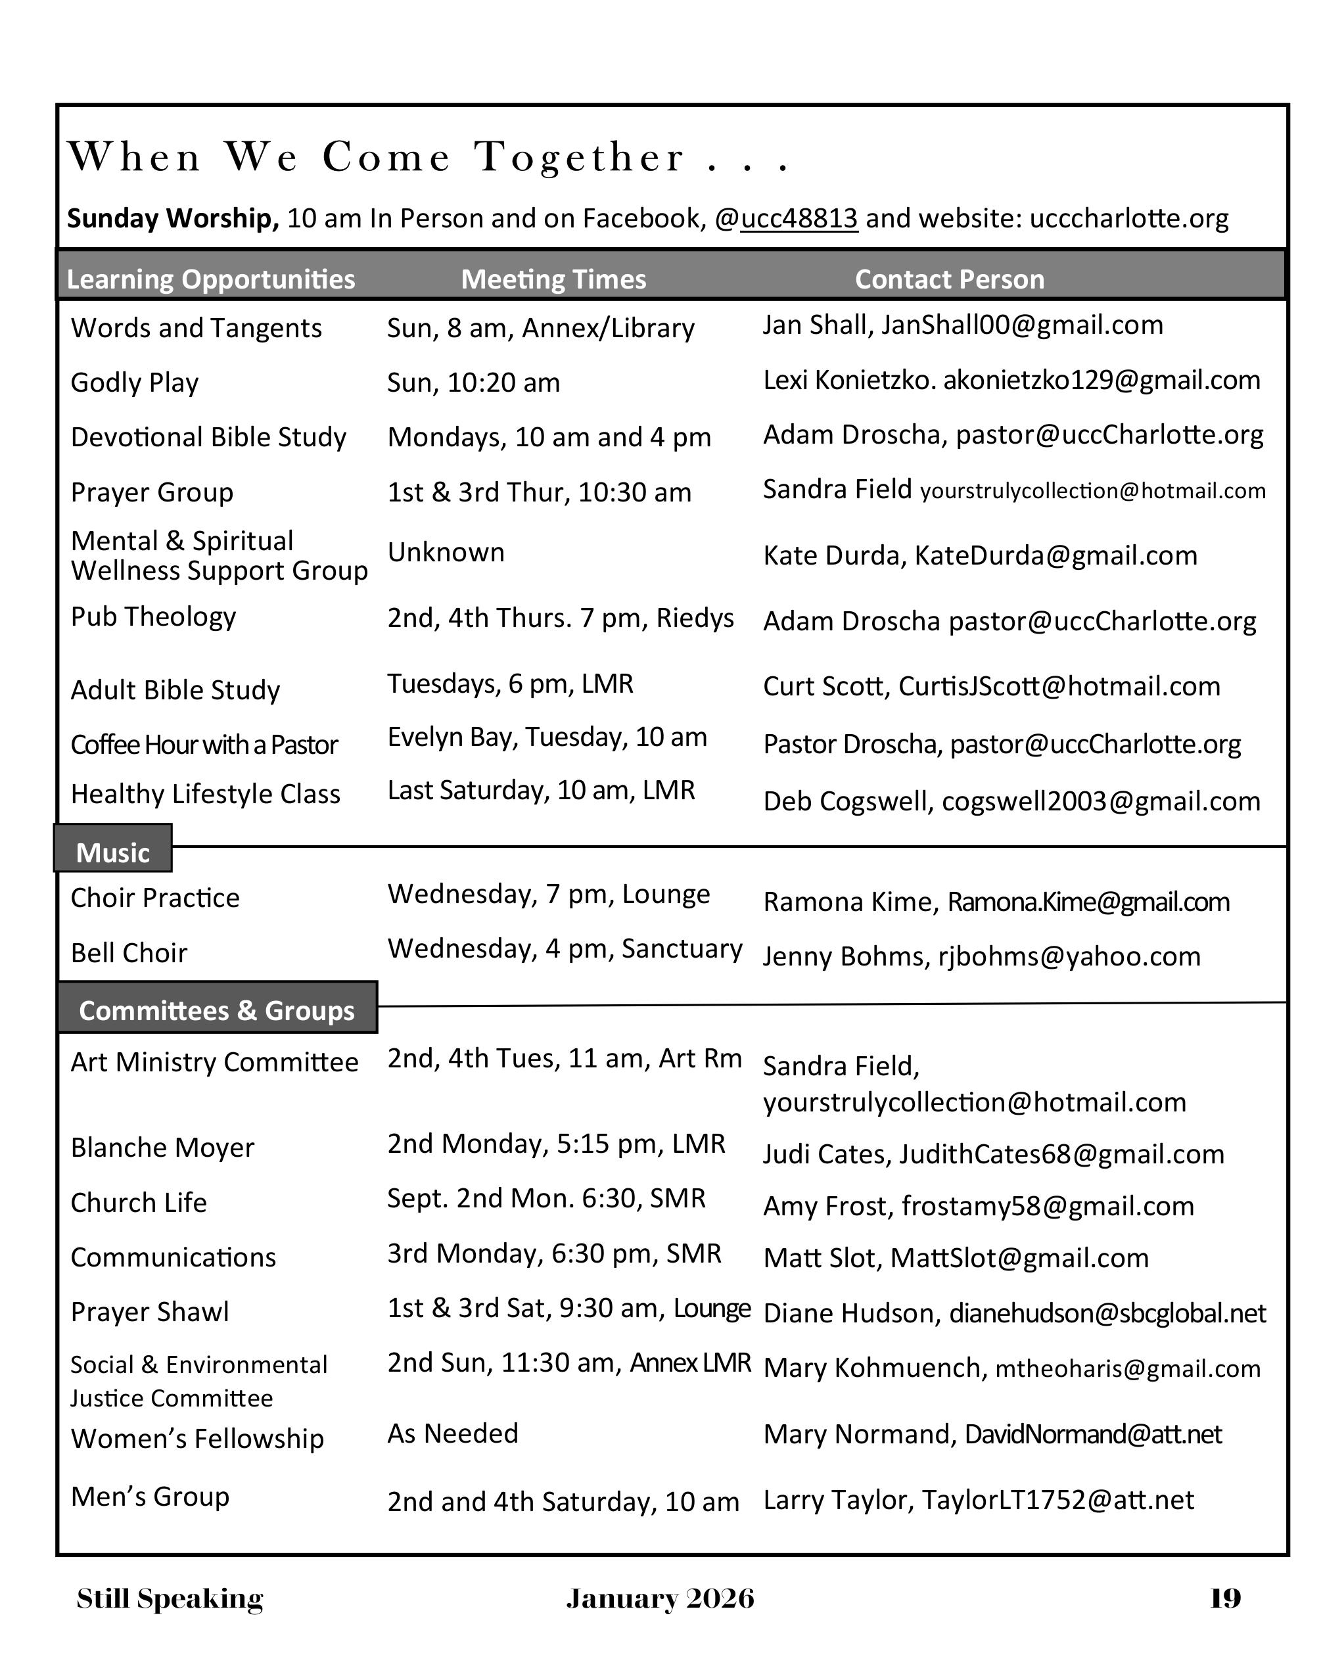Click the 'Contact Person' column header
[949, 279]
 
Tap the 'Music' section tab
[113, 852]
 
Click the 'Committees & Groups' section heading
[217, 1010]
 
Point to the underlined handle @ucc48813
[799, 219]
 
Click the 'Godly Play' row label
[135, 383]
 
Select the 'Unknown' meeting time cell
[446, 552]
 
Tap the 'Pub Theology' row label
[153, 617]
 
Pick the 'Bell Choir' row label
[129, 953]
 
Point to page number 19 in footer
[1225, 1598]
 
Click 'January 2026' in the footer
[660, 1598]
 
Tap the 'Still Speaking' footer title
[170, 1598]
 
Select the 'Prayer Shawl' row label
[150, 1312]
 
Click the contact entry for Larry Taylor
[979, 1500]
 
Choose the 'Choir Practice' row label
[156, 898]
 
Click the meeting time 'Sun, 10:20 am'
[473, 383]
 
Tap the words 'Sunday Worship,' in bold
[172, 219]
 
